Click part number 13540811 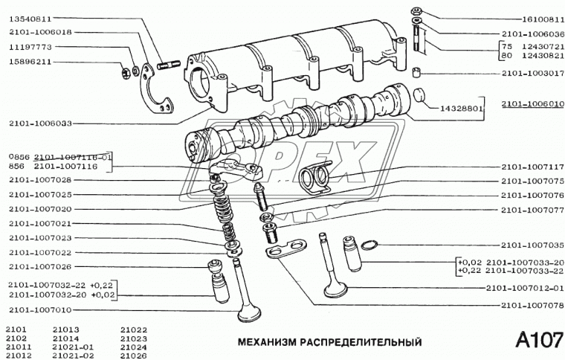(30, 18)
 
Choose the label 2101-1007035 (531, 245)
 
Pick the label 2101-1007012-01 (525, 288)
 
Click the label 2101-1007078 (531, 304)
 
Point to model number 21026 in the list (133, 354)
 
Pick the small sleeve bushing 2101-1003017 (418, 73)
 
